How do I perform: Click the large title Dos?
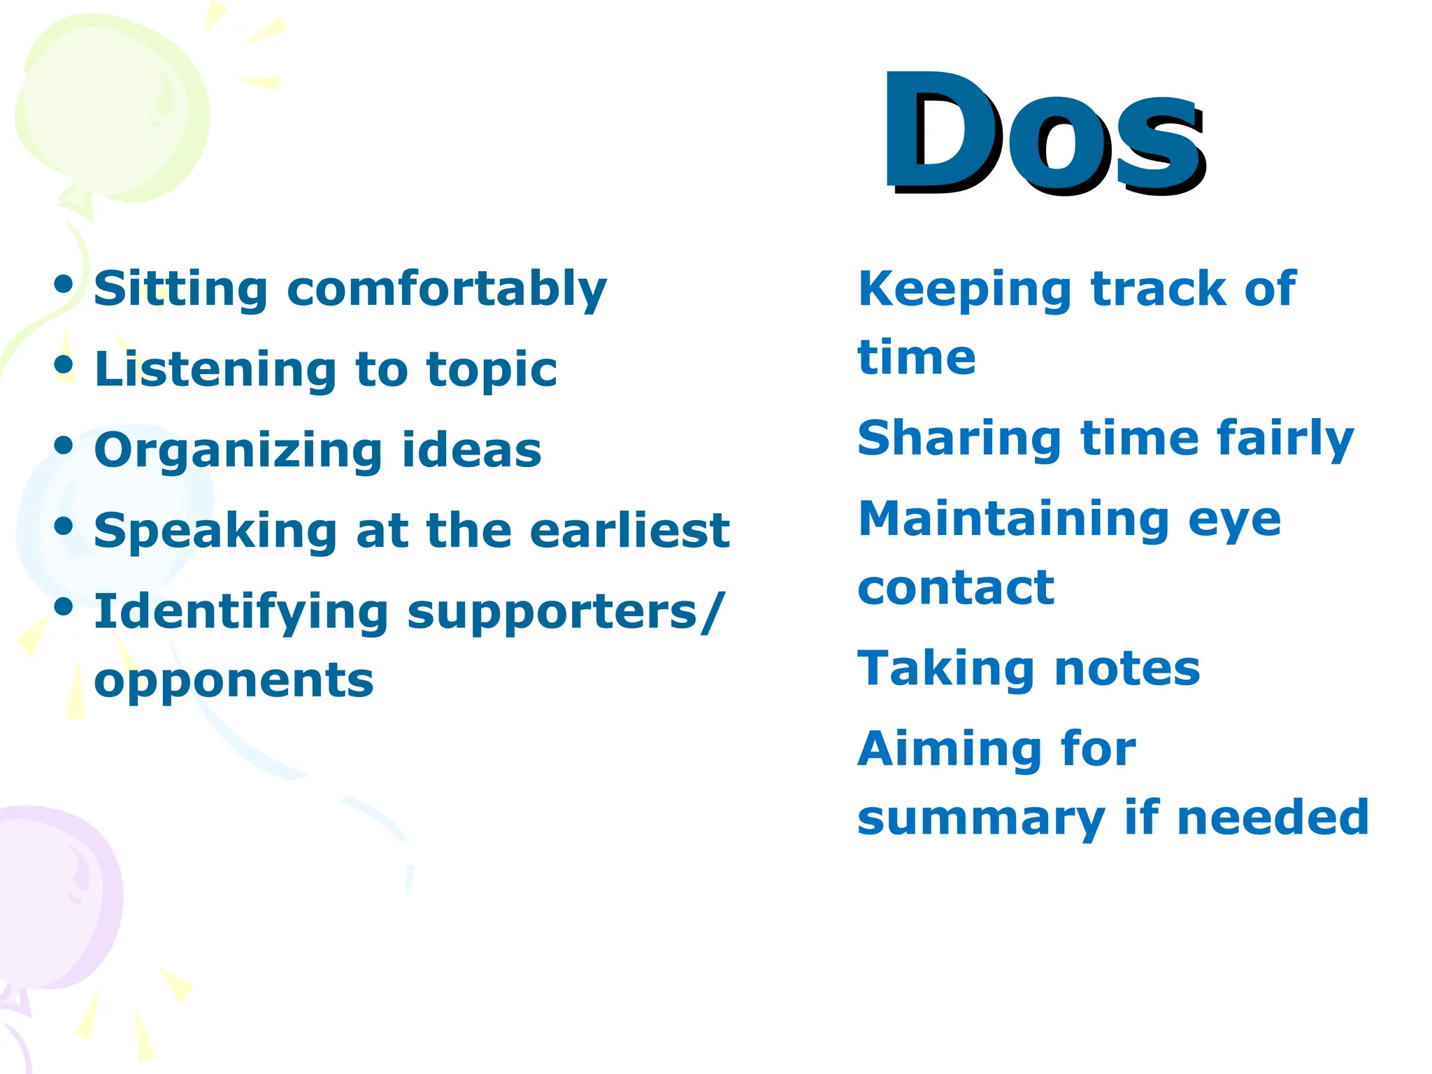click(x=1043, y=133)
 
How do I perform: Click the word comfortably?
click(x=447, y=289)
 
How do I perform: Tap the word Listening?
click(x=216, y=369)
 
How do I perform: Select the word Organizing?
click(x=238, y=451)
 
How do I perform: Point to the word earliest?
click(x=629, y=530)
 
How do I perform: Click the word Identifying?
click(x=241, y=613)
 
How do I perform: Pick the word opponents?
click(x=234, y=680)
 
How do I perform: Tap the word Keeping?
click(x=964, y=289)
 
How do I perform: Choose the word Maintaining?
click(x=1014, y=519)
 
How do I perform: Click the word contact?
click(x=956, y=587)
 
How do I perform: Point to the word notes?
click(x=1127, y=668)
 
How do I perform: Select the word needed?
click(x=1273, y=817)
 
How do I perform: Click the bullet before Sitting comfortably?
click(x=64, y=285)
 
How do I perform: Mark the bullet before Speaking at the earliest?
click(x=64, y=526)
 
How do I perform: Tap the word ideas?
click(x=472, y=450)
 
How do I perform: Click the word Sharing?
click(x=960, y=439)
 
